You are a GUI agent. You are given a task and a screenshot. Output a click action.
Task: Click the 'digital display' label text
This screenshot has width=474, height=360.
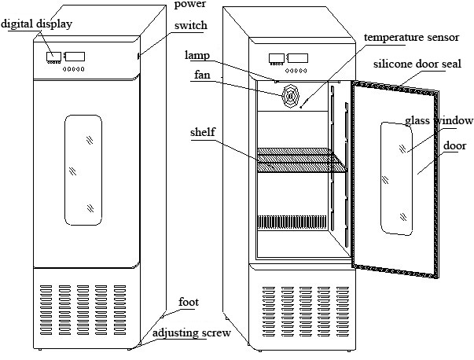[x=37, y=24]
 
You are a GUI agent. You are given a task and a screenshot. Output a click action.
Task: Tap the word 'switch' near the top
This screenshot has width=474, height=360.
[x=191, y=25]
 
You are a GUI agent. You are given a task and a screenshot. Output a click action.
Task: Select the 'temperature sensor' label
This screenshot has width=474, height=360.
[x=411, y=37]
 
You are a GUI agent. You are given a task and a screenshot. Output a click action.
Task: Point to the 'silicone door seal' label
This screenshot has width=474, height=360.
[x=417, y=64]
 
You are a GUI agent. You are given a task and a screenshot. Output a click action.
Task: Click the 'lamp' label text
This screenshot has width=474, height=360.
[x=197, y=55]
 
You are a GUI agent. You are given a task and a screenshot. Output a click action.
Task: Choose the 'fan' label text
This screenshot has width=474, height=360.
[x=202, y=75]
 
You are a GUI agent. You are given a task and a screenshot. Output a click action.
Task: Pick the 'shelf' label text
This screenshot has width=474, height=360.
[x=203, y=132]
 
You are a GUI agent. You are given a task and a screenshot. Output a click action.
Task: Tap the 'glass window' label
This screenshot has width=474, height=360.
[x=439, y=120]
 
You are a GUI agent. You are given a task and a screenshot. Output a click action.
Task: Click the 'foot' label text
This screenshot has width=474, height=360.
[x=189, y=302]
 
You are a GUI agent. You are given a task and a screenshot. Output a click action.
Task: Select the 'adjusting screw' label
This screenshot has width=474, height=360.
[x=191, y=333]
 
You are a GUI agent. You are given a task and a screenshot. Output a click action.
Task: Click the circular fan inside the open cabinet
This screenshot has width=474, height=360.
[x=291, y=96]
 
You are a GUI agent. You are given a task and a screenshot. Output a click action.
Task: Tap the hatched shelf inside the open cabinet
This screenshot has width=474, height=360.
[x=301, y=160]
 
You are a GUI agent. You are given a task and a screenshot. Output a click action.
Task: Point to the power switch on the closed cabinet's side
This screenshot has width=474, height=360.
[x=138, y=56]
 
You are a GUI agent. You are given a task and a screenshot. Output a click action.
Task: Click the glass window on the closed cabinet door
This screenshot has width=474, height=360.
[x=83, y=170]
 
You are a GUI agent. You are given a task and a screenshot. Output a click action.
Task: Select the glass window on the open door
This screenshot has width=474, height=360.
[x=396, y=178]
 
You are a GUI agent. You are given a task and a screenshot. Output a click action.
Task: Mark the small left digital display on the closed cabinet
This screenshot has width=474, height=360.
[x=53, y=57]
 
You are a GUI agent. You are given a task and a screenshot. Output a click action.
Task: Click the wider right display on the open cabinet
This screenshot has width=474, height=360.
[x=298, y=58]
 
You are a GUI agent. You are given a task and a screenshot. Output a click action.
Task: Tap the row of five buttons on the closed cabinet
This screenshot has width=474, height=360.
[x=74, y=69]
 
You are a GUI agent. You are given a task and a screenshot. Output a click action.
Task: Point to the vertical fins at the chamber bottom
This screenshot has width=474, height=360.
[x=292, y=222]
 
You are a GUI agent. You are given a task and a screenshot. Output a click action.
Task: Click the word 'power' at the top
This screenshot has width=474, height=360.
[x=190, y=4]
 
